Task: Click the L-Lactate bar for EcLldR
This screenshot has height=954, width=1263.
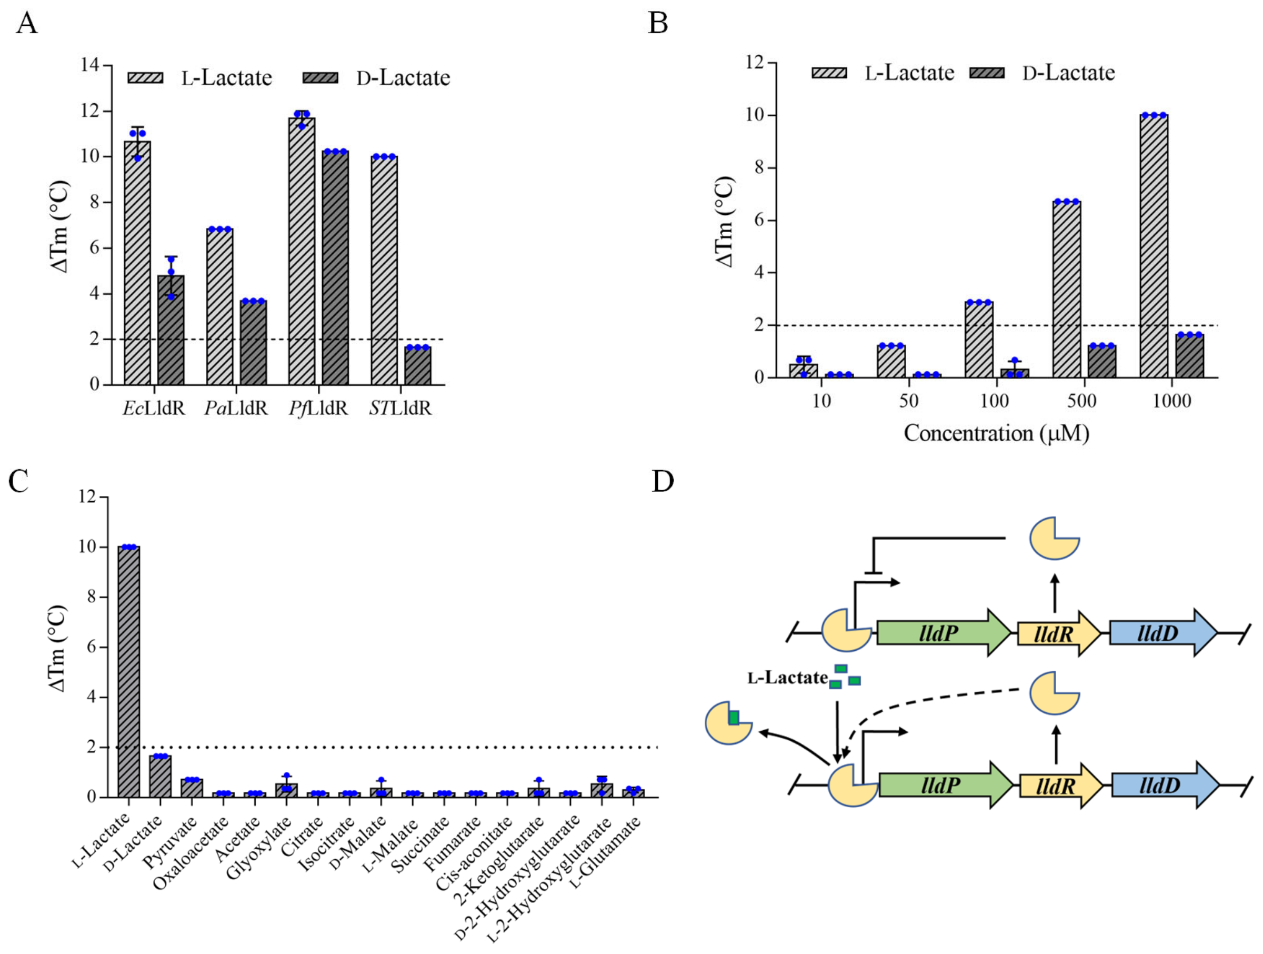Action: [x=137, y=263]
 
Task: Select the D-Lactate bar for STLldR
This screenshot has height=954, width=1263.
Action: [x=417, y=365]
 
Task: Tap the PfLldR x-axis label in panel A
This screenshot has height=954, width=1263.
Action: [x=318, y=409]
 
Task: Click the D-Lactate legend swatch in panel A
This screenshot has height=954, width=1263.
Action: [x=320, y=78]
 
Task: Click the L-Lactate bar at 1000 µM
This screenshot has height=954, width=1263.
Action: [x=1154, y=246]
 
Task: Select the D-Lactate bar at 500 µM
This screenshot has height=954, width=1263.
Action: [x=1101, y=361]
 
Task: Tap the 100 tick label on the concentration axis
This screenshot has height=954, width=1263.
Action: [x=994, y=401]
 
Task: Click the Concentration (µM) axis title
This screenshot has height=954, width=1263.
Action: [x=996, y=433]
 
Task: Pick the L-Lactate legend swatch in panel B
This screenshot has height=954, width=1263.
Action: [x=829, y=73]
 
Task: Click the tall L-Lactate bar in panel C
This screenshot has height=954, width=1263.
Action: [x=129, y=671]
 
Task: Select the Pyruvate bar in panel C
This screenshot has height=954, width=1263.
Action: [x=192, y=788]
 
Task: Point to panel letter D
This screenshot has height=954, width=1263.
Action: [x=663, y=482]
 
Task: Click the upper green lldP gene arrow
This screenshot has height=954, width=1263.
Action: [x=943, y=632]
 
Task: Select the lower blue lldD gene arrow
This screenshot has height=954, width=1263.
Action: [x=1164, y=785]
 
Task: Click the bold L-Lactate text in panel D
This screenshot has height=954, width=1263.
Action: [x=787, y=678]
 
